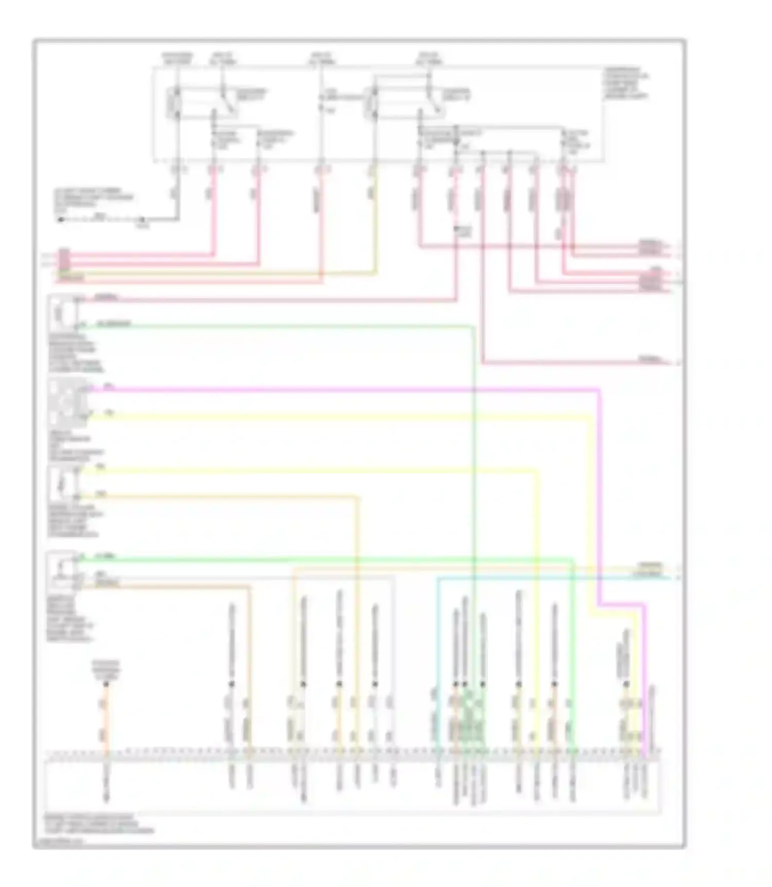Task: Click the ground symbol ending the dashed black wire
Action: pos(61,220)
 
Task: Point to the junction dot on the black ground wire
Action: pos(142,220)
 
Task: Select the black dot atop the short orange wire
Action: pos(107,684)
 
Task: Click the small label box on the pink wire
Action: pos(463,231)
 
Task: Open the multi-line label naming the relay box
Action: pos(626,82)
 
